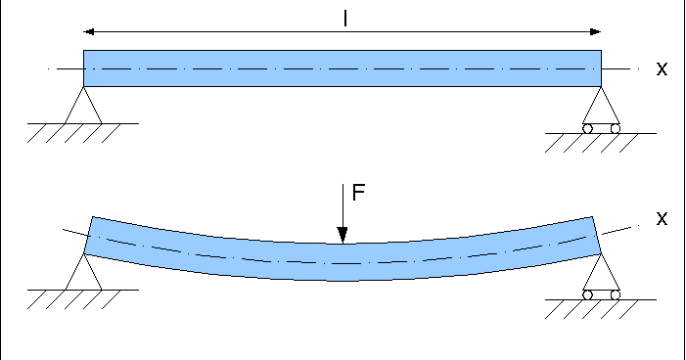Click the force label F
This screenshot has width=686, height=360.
pyautogui.click(x=358, y=193)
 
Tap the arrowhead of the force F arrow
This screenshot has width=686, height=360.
pyautogui.click(x=343, y=235)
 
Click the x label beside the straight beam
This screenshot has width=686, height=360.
pyautogui.click(x=662, y=69)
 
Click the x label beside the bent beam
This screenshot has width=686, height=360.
pyautogui.click(x=662, y=219)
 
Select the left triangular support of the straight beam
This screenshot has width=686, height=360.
pyautogui.click(x=83, y=109)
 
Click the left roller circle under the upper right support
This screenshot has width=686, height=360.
pyautogui.click(x=587, y=128)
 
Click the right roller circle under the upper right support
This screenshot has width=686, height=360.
pyautogui.click(x=616, y=128)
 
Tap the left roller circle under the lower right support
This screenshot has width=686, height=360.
pyautogui.click(x=587, y=294)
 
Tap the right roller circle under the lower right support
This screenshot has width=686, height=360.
pyautogui.click(x=616, y=294)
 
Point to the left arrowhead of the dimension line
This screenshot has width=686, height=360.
pyautogui.click(x=89, y=30)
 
